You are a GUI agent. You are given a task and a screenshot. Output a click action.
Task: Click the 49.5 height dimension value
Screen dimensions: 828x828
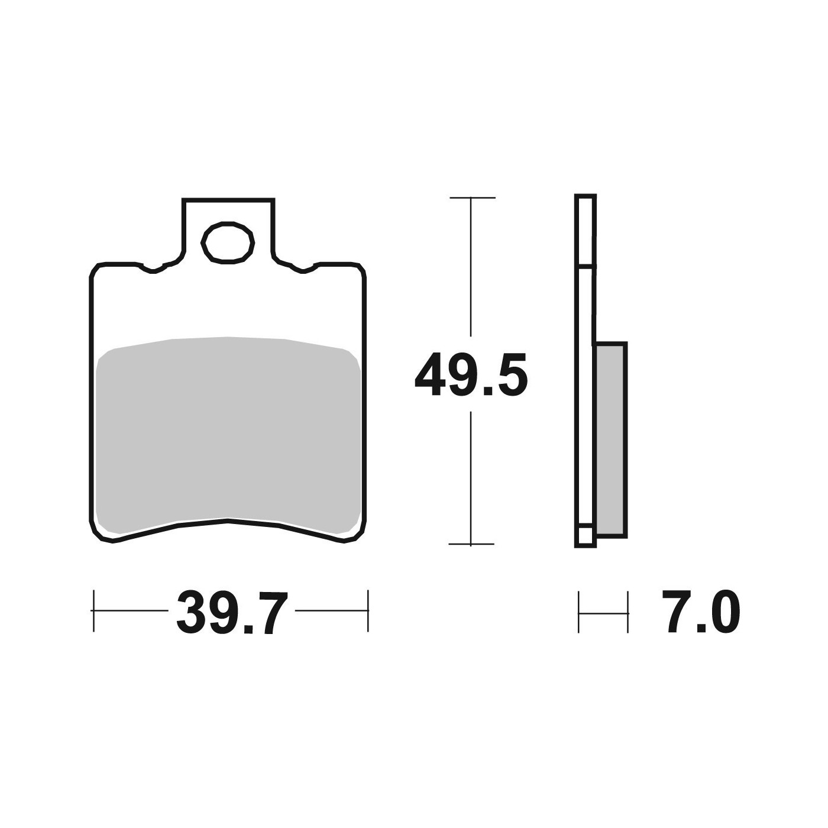(471, 374)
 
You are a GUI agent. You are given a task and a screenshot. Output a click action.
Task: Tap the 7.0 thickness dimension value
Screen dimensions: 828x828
(701, 612)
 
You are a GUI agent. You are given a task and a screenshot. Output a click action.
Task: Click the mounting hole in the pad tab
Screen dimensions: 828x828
(228, 242)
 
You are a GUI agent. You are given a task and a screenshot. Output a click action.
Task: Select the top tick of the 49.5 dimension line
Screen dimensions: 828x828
(472, 198)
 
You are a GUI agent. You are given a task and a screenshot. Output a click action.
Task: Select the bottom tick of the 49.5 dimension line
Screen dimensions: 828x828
(471, 544)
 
